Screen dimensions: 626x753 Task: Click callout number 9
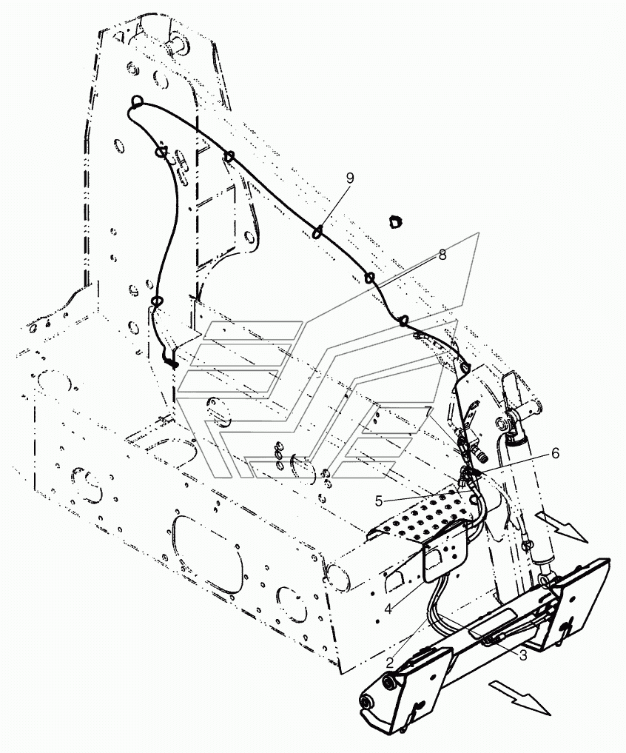click(x=350, y=178)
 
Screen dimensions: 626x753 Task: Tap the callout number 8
click(x=442, y=255)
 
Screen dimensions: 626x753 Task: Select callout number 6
click(x=555, y=453)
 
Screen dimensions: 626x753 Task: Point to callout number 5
click(x=379, y=501)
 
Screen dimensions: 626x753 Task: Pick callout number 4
click(x=388, y=609)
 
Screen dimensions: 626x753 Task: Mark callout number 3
click(x=522, y=655)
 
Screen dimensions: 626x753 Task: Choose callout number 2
click(x=390, y=663)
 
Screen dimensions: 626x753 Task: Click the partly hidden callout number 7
click(x=428, y=412)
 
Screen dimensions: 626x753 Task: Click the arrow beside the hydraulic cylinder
click(x=561, y=526)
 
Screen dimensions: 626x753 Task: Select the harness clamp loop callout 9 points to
click(x=317, y=233)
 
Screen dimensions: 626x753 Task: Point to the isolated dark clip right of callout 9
click(x=394, y=221)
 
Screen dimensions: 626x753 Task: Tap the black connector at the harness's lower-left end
click(x=170, y=362)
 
